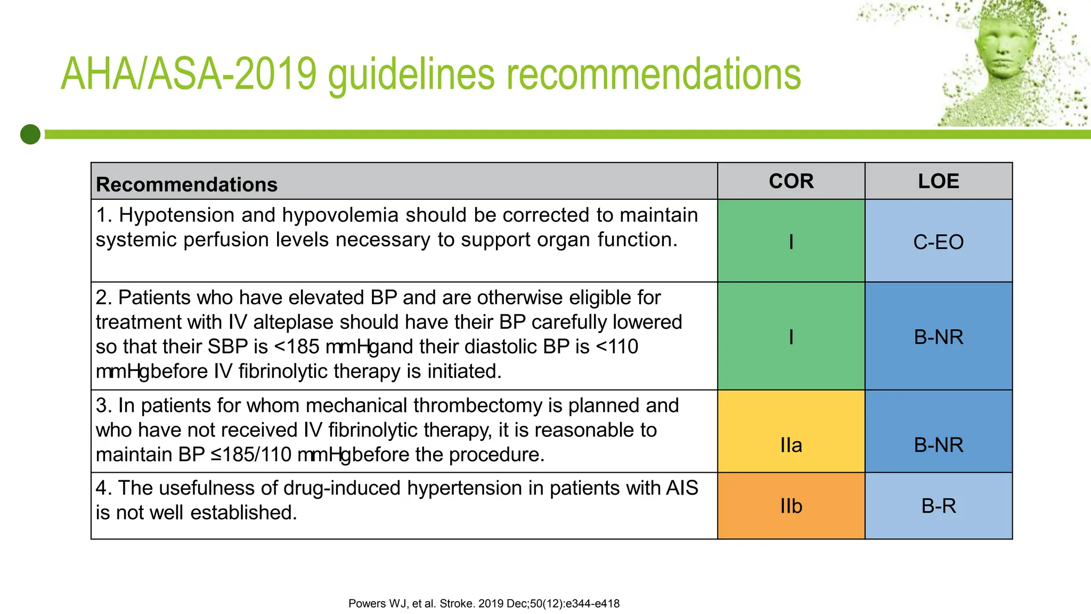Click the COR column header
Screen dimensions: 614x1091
pyautogui.click(x=791, y=181)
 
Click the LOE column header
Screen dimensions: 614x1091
pyautogui.click(x=938, y=181)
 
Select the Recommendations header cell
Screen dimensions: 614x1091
pyautogui.click(x=186, y=184)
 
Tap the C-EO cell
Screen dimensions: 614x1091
pyautogui.click(x=938, y=242)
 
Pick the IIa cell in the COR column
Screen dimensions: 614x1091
pyautogui.click(x=791, y=445)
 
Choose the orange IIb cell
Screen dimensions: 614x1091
pyautogui.click(x=791, y=505)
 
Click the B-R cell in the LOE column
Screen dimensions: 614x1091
pyautogui.click(x=938, y=505)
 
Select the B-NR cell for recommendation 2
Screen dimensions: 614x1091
pyautogui.click(x=938, y=337)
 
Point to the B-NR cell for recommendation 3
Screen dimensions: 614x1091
pyautogui.click(x=938, y=445)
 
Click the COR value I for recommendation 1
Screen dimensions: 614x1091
pyautogui.click(x=791, y=242)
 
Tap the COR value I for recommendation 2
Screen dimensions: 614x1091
pyautogui.click(x=791, y=337)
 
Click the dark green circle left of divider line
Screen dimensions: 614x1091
pyautogui.click(x=30, y=134)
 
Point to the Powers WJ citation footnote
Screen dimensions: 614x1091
pyautogui.click(x=484, y=603)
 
